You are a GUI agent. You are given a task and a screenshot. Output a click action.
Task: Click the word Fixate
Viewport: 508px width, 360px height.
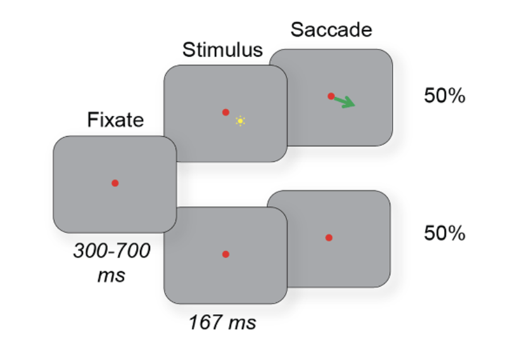[116, 120]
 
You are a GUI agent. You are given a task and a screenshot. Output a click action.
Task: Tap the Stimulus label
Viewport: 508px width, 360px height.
[222, 51]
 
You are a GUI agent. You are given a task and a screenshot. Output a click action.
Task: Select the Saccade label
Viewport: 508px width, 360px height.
[331, 29]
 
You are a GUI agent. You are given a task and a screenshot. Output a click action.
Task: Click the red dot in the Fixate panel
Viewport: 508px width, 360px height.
[115, 183]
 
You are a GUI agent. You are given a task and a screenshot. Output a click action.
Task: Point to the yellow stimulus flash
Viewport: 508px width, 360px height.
[240, 120]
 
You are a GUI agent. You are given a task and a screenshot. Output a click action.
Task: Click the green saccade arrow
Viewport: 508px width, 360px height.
[344, 101]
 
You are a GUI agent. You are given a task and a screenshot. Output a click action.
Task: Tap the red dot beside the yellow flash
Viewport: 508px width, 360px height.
[225, 112]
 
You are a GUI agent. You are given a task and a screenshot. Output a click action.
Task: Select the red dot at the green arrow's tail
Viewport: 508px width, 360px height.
[331, 96]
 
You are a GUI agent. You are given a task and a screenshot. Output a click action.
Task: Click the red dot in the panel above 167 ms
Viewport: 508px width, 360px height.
[225, 254]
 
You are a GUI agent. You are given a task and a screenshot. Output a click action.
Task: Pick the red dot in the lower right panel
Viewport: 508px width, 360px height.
[329, 238]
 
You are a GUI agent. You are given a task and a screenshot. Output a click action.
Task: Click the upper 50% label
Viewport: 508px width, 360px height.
[445, 97]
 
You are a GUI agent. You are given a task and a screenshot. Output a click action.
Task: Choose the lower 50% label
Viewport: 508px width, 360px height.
[445, 233]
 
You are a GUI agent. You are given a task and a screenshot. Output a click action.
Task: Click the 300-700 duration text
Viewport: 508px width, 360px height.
[112, 252]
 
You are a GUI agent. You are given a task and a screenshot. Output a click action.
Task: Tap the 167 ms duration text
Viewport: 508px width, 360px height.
[222, 323]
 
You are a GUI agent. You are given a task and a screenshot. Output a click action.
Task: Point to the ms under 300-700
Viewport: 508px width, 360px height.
[111, 276]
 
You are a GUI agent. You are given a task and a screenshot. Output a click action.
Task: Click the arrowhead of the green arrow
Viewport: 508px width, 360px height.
[350, 103]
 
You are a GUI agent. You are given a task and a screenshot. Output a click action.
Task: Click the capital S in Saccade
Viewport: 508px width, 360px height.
[296, 29]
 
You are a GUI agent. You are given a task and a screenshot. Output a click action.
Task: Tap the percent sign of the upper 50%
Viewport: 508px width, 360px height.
[457, 97]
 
